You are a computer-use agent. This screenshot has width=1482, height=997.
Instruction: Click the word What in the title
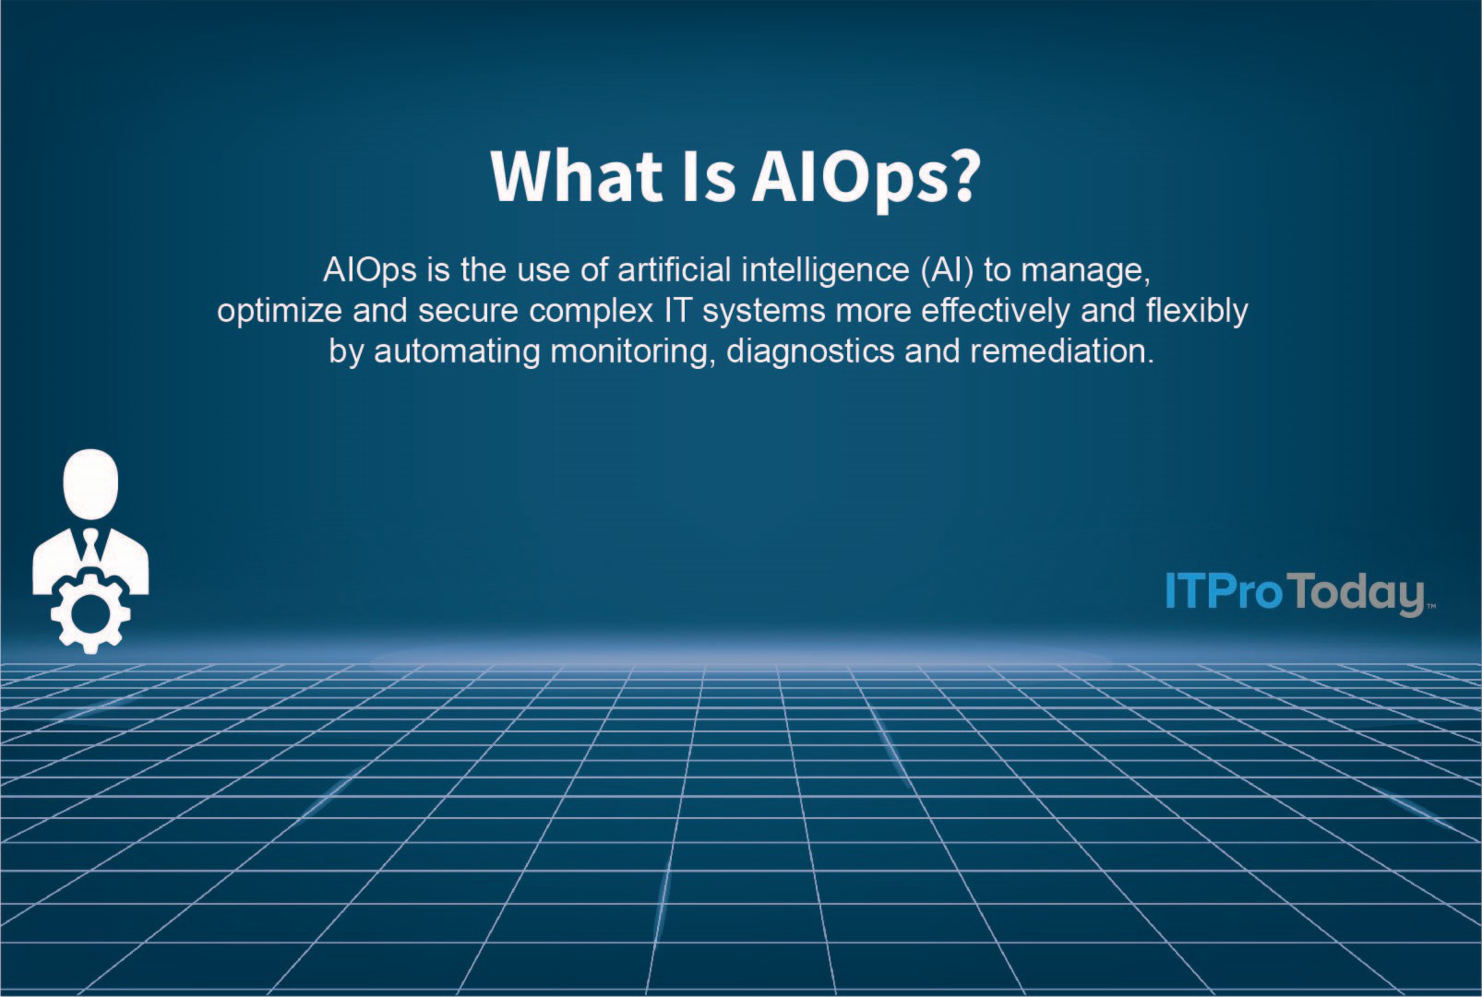point(577,175)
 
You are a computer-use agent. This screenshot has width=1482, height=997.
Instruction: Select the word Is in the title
point(709,175)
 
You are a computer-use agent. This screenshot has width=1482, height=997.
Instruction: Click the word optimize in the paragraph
point(279,312)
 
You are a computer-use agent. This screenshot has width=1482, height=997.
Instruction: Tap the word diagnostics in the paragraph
point(810,352)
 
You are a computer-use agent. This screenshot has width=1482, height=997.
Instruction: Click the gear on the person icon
point(90,611)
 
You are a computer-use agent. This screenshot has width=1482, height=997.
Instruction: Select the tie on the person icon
point(90,544)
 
